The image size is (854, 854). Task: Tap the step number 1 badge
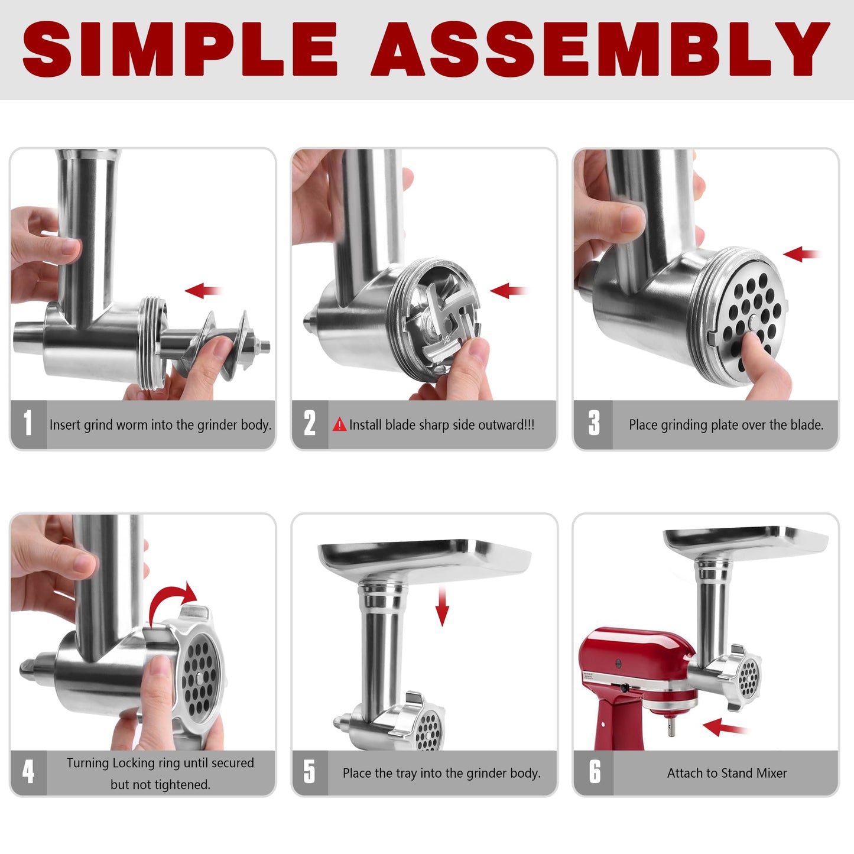coord(28,424)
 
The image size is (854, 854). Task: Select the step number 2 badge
coord(310,424)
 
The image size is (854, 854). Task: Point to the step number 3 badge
coord(593,424)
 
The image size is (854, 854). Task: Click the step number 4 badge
coord(28,772)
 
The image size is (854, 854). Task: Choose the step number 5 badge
coord(310,772)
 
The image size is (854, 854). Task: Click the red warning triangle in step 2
coord(339,425)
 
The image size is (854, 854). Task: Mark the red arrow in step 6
coord(724,728)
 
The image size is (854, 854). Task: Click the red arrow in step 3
coord(801,255)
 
